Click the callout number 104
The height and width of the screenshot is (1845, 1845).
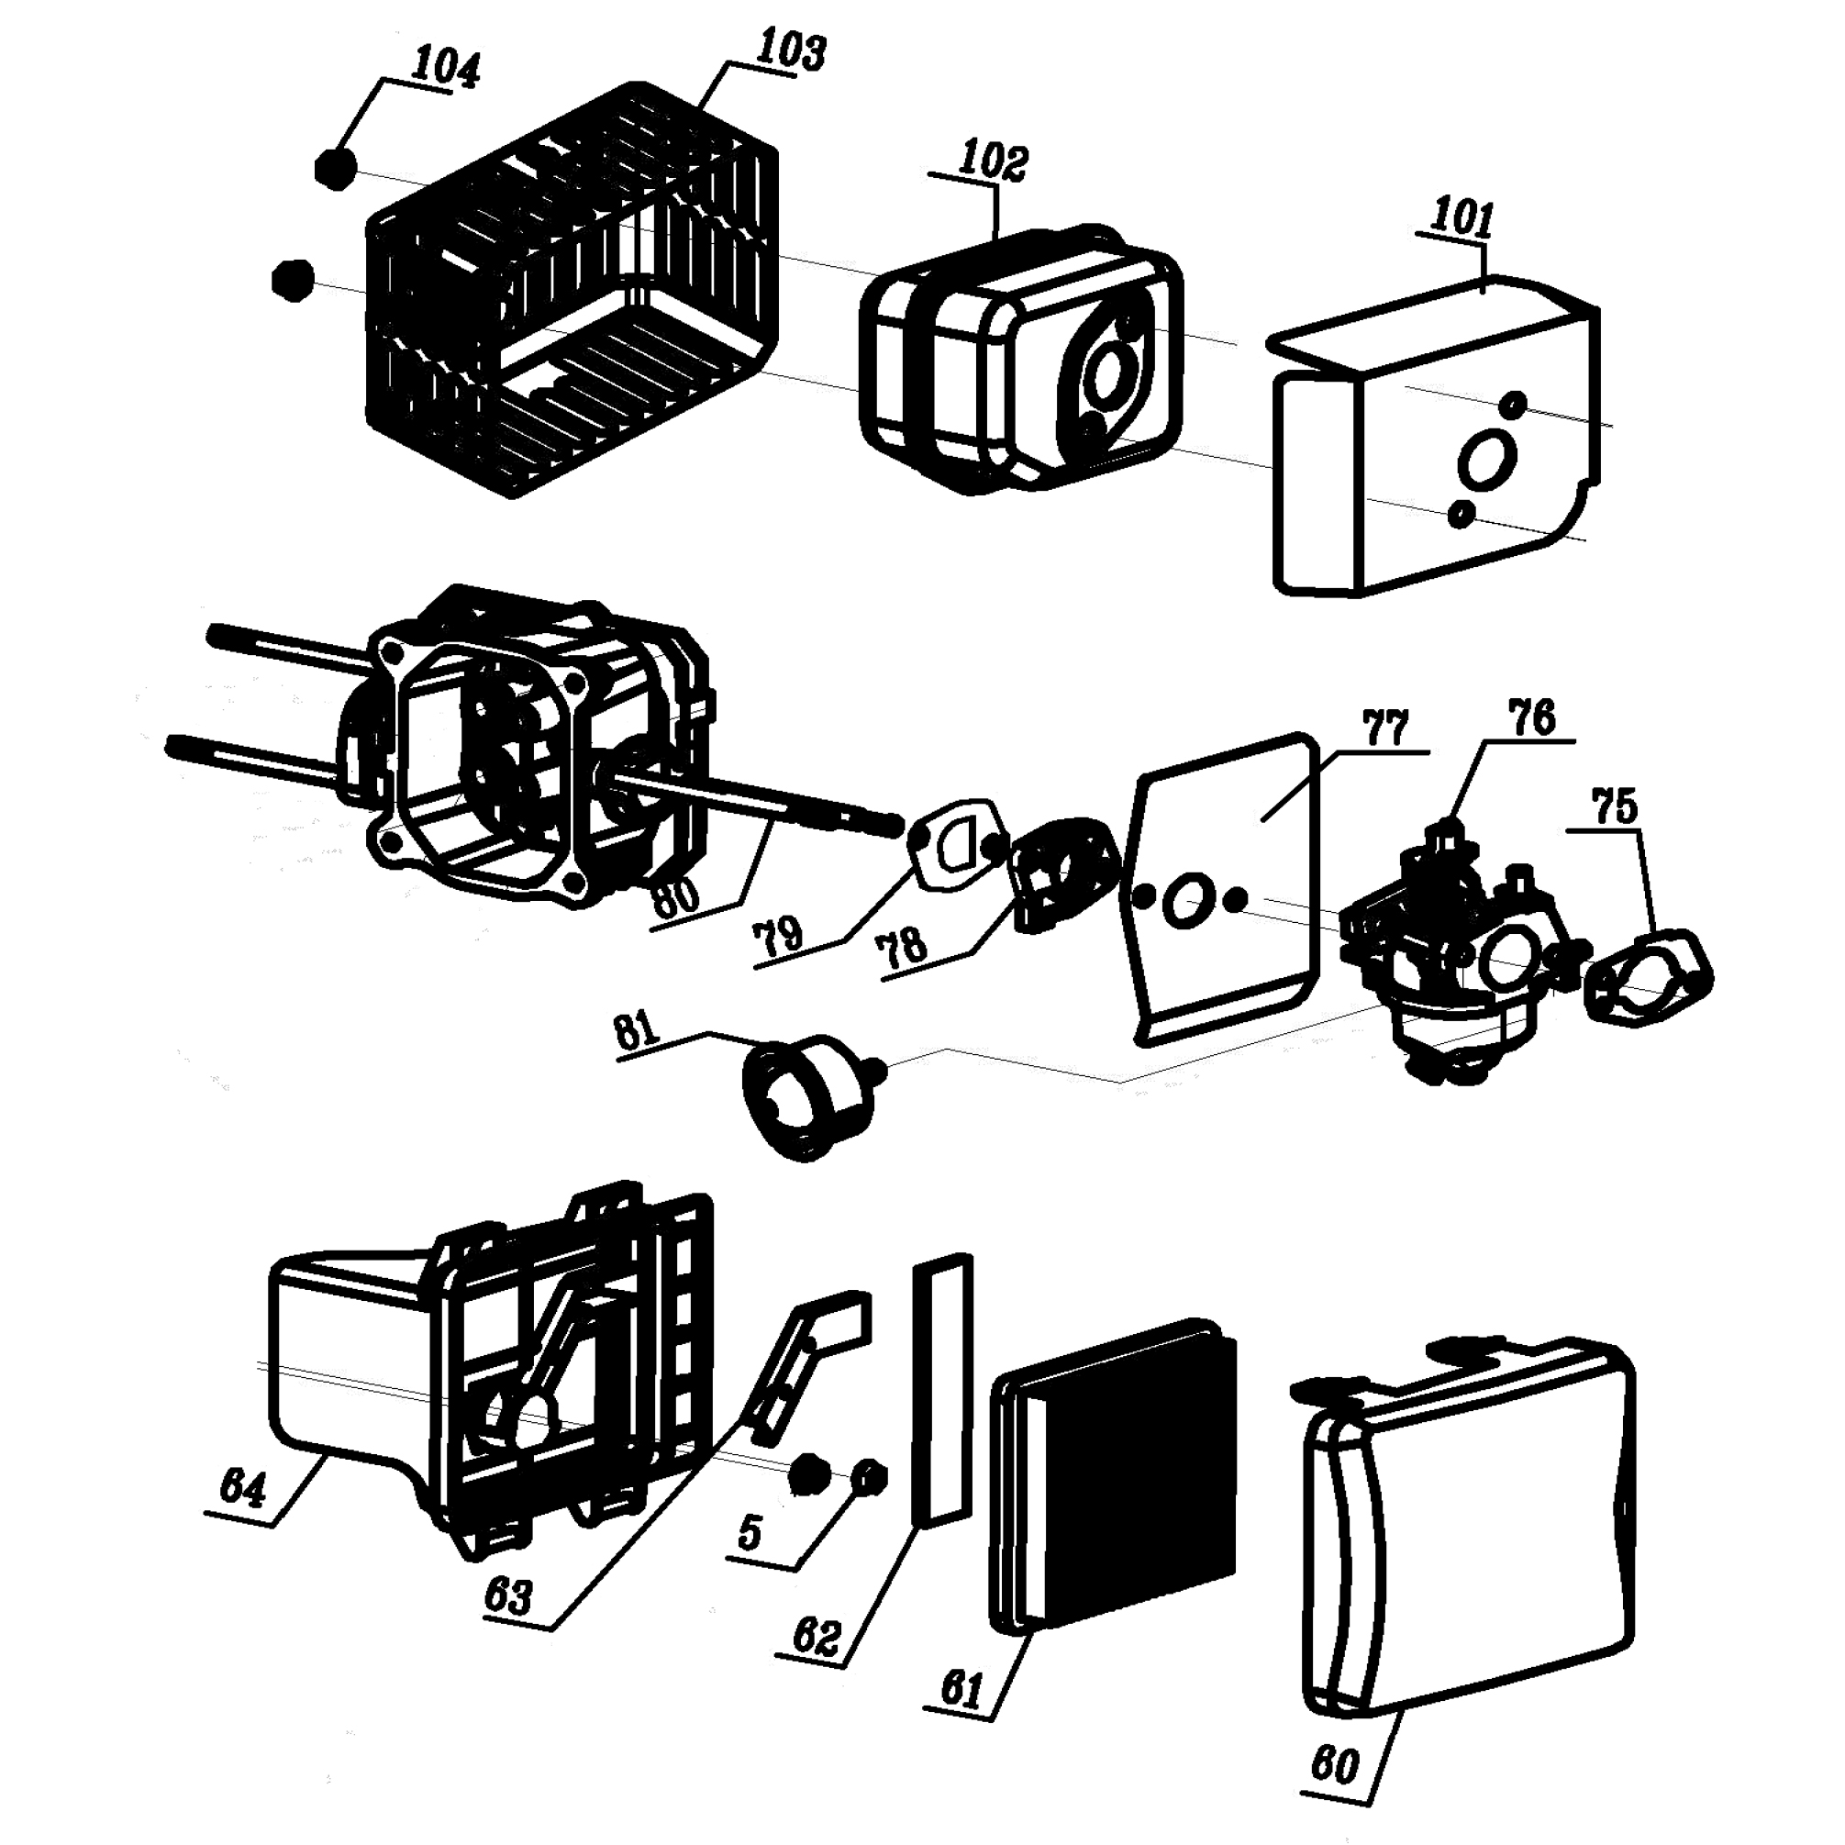coord(446,69)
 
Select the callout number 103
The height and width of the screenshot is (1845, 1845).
coord(791,50)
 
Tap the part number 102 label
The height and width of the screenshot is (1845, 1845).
coord(995,161)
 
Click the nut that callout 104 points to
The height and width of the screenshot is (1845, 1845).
coord(335,169)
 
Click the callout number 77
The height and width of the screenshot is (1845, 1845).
coord(1385,728)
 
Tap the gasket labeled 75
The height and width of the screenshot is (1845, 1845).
coord(1649,979)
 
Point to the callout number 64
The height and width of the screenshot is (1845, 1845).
coord(242,1487)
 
